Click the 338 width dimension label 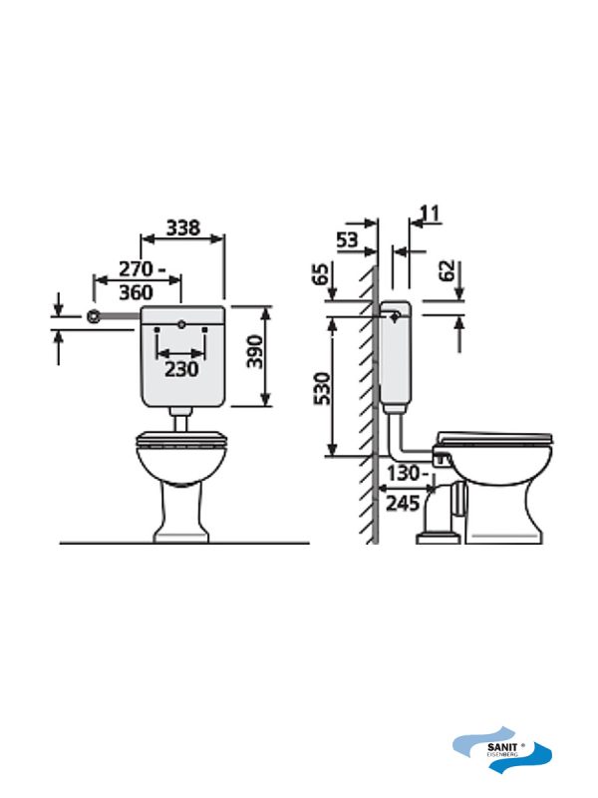(x=183, y=227)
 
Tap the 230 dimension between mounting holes (x=181, y=369)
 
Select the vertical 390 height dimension (x=254, y=351)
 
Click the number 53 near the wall (x=347, y=239)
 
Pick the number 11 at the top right (x=430, y=213)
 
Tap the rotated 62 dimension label (x=446, y=270)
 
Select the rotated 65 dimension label (x=321, y=274)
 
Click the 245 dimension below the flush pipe (x=403, y=504)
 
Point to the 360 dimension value (x=136, y=292)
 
